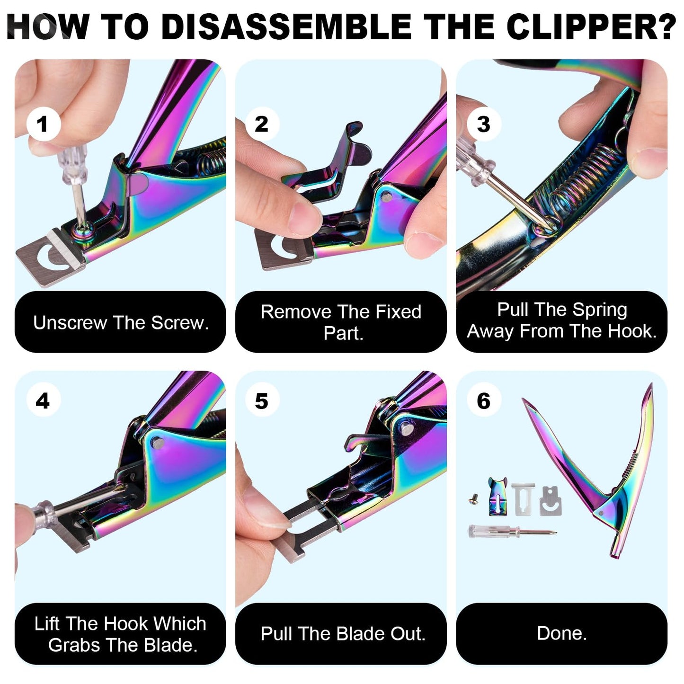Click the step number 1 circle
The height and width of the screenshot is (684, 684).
43,124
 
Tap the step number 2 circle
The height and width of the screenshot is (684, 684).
261,124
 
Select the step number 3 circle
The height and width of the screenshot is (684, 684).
483,124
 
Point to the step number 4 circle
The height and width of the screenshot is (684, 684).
43,401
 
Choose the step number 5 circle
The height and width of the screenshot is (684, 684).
261,401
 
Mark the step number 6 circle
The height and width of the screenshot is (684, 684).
483,401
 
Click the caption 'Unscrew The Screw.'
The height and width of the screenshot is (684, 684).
121,322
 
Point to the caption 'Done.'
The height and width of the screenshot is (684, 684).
561,633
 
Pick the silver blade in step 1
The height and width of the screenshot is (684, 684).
47,258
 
